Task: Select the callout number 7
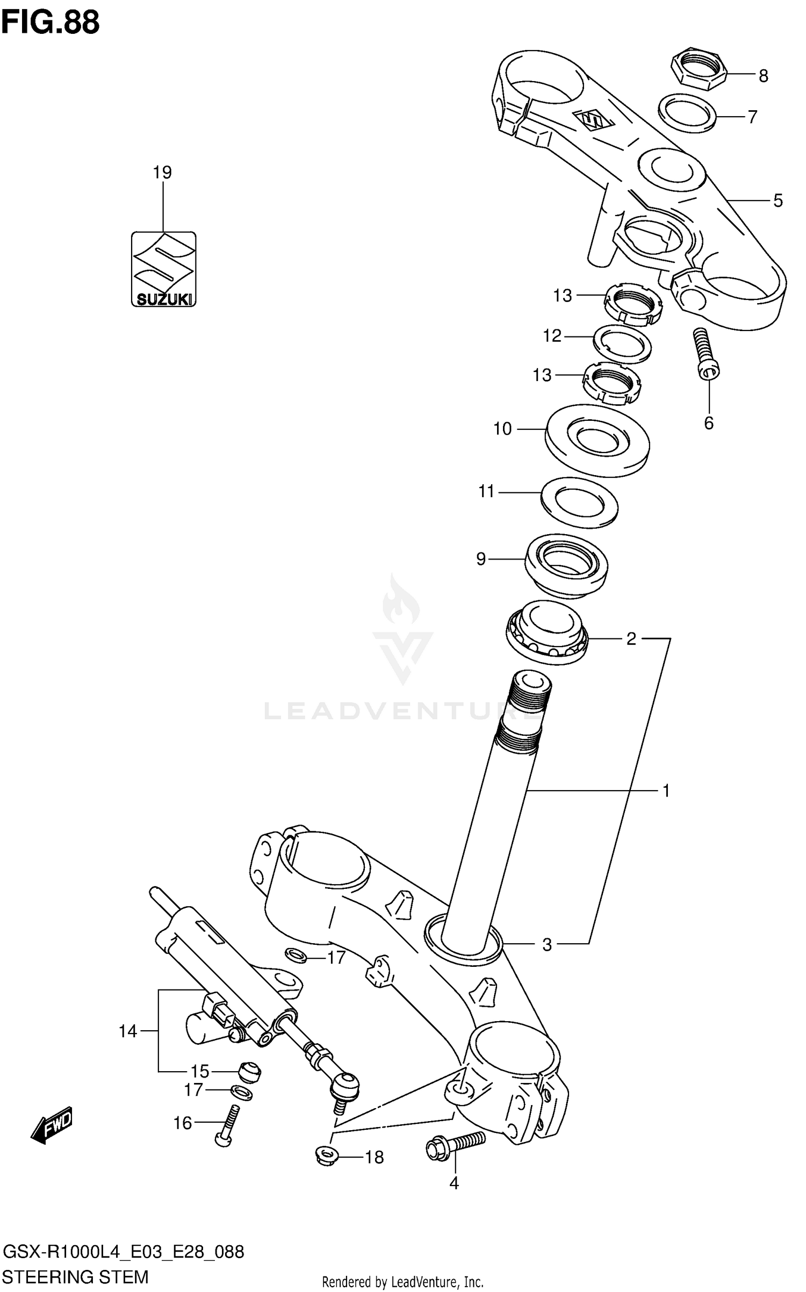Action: click(752, 117)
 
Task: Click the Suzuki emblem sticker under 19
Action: click(163, 269)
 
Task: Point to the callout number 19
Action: click(162, 173)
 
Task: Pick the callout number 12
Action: click(552, 336)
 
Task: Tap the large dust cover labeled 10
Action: click(597, 440)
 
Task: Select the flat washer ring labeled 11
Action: click(579, 502)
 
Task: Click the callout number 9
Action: click(481, 559)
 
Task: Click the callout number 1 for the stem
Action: click(666, 791)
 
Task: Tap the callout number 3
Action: click(547, 945)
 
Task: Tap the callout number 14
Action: click(128, 1031)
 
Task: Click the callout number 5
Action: click(778, 200)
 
